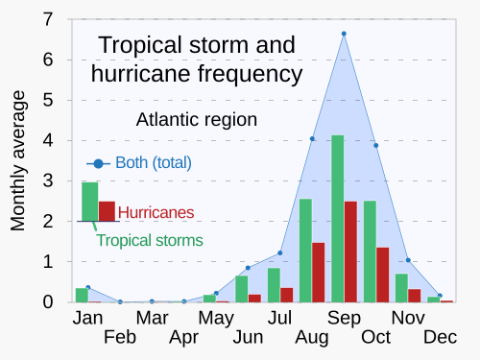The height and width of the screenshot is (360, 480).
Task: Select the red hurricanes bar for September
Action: tap(350, 252)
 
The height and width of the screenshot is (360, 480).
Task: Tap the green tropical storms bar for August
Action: tap(305, 251)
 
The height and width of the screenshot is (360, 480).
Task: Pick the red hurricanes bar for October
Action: tap(382, 275)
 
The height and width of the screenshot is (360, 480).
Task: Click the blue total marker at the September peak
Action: tap(344, 35)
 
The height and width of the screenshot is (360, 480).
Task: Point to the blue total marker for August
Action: tap(312, 139)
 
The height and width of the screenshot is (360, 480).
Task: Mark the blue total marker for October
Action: tap(375, 145)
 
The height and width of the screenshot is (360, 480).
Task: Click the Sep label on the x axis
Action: tap(344, 318)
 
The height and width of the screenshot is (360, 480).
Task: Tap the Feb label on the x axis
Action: tap(120, 337)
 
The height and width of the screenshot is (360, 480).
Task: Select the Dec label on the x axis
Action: tap(440, 337)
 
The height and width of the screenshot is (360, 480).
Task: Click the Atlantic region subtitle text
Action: tap(196, 120)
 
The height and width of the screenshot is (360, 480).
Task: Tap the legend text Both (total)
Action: tap(154, 162)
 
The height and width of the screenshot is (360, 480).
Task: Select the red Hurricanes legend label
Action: tap(156, 212)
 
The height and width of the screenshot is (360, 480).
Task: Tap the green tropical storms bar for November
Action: tap(401, 288)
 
